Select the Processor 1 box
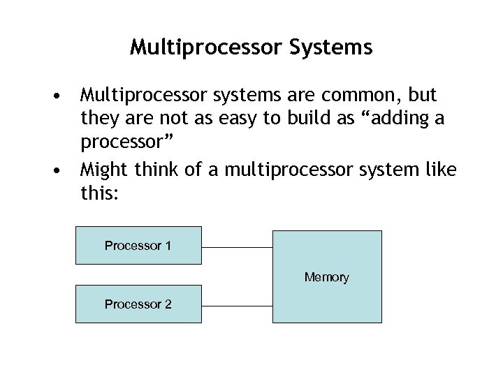[x=138, y=245]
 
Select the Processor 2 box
[x=138, y=304]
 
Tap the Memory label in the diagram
[x=326, y=277]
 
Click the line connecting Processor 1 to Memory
[x=237, y=247]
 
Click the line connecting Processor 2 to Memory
[x=237, y=306]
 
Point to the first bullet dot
[x=64, y=95]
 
